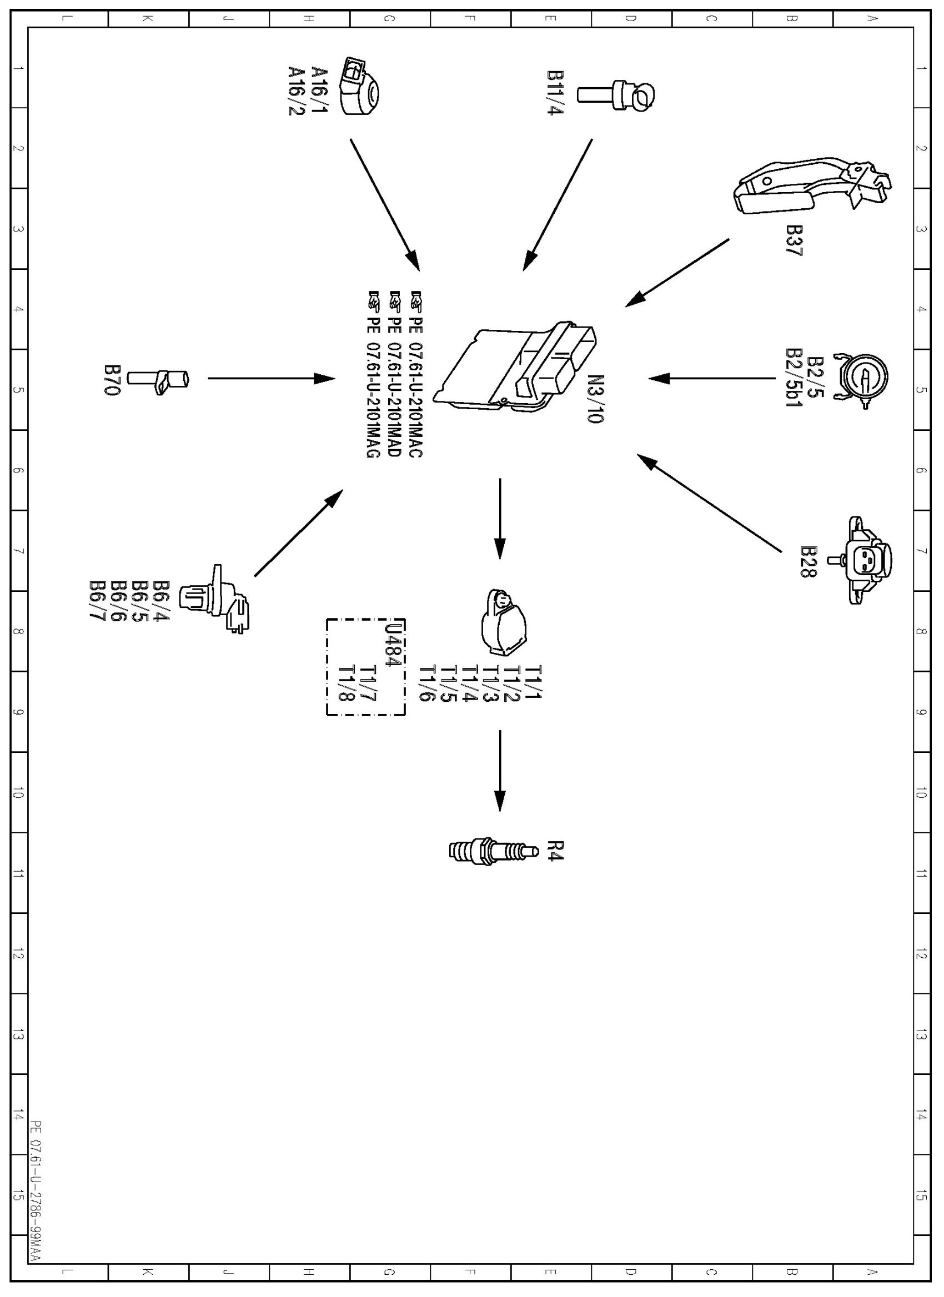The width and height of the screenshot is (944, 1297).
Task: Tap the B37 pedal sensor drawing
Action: click(x=812, y=187)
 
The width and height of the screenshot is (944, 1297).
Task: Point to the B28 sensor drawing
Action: click(x=867, y=560)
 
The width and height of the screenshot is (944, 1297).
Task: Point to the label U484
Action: click(x=392, y=645)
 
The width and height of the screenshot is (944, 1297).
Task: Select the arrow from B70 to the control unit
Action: click(x=271, y=378)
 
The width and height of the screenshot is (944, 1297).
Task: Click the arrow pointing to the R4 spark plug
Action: click(x=500, y=770)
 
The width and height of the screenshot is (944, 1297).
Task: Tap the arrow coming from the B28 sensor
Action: click(x=709, y=503)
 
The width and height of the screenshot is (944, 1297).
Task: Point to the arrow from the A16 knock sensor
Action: click(x=385, y=204)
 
